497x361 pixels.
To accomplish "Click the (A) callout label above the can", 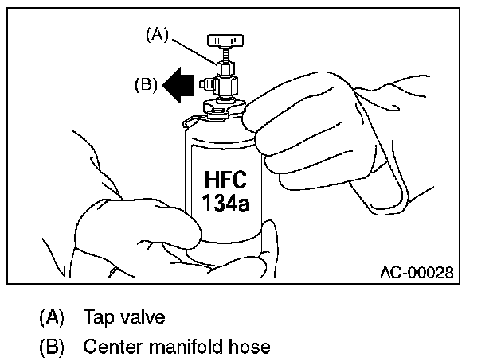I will [x=156, y=33].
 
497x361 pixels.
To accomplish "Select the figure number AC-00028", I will [x=417, y=272].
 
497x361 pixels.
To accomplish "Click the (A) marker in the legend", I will [x=51, y=317].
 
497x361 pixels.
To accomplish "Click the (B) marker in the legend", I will [x=51, y=347].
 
